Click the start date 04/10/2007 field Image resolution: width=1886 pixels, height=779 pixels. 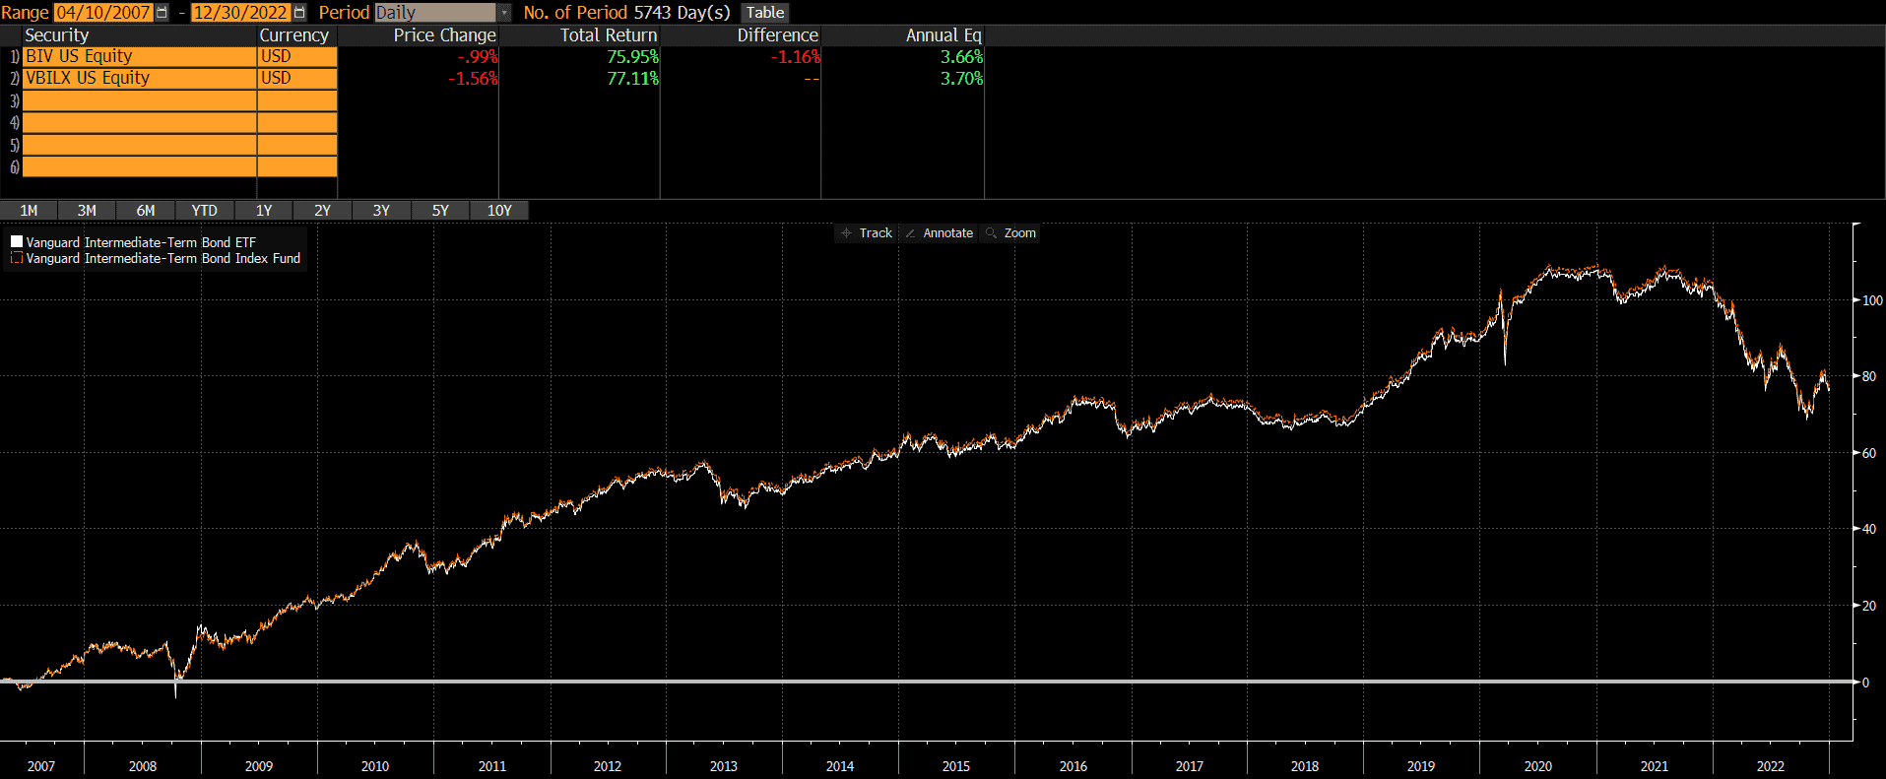click(x=103, y=13)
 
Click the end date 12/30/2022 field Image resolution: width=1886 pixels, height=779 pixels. click(x=240, y=13)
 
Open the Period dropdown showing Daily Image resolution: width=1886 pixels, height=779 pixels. click(x=503, y=13)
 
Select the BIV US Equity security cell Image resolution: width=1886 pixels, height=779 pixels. click(x=138, y=57)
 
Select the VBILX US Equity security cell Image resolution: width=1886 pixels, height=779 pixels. click(x=138, y=79)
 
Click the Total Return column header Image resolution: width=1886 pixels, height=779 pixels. click(x=608, y=35)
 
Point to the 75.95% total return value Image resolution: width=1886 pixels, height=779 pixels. click(x=632, y=57)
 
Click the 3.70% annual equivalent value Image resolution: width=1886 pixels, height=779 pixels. click(x=961, y=79)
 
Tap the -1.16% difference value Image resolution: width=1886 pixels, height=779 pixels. click(x=795, y=57)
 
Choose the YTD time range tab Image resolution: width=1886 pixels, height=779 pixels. click(x=204, y=211)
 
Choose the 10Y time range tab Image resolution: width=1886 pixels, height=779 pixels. click(x=499, y=211)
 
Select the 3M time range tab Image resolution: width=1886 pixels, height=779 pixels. click(x=87, y=211)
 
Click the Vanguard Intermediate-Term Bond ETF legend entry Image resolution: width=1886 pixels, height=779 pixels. click(x=140, y=242)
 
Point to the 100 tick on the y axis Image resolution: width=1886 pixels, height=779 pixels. click(x=1872, y=300)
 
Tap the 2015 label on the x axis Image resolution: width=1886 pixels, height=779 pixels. click(x=956, y=766)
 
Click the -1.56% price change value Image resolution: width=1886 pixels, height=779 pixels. click(x=473, y=79)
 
